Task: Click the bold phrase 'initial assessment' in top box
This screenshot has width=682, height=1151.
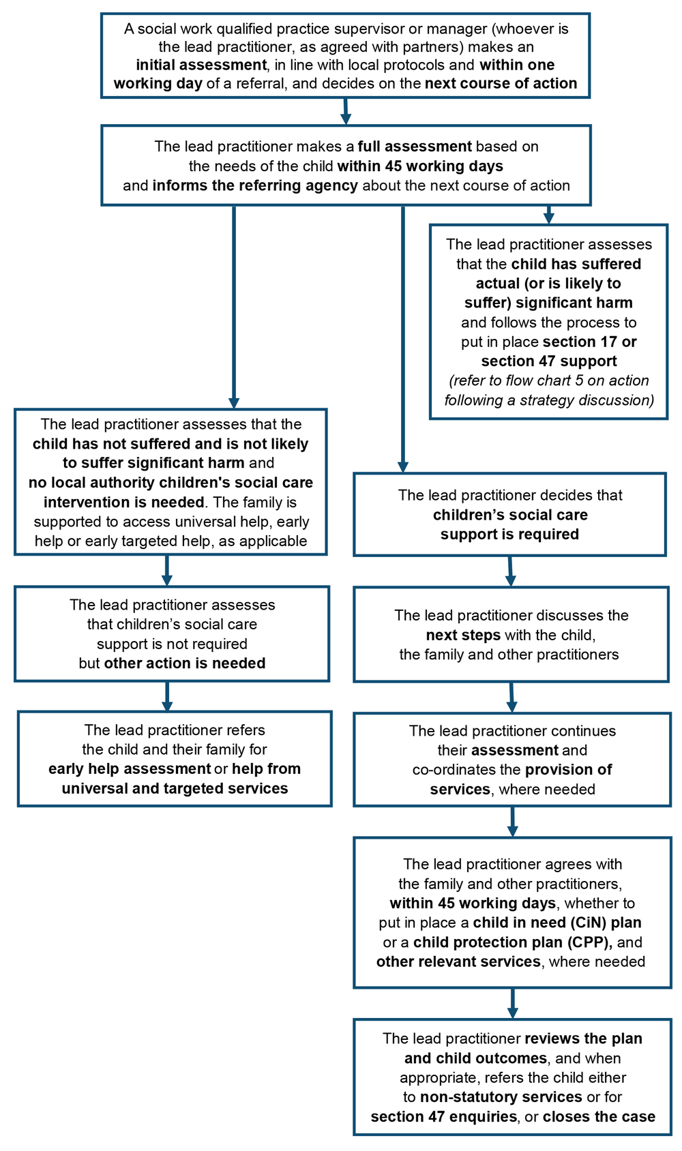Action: [x=201, y=65]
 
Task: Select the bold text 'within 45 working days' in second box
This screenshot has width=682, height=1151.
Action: [x=420, y=166]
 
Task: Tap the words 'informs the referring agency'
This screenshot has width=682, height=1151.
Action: [x=255, y=185]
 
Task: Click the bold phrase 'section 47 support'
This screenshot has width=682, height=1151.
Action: [x=549, y=361]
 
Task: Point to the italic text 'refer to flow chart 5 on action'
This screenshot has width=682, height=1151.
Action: [x=550, y=380]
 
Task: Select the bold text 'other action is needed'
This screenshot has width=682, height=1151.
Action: [x=184, y=663]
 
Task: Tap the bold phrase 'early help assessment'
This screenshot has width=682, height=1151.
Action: [x=129, y=769]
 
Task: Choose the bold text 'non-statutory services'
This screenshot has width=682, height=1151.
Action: [x=501, y=1097]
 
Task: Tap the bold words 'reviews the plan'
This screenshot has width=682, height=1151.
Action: [x=584, y=1038]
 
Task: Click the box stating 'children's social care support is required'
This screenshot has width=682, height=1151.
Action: [x=509, y=515]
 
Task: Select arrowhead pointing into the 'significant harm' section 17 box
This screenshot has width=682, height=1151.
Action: [x=549, y=218]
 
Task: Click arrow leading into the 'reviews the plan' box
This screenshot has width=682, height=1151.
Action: [x=512, y=1004]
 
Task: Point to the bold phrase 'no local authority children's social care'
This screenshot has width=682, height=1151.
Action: [x=170, y=483]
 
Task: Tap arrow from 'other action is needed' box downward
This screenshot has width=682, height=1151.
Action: [x=167, y=696]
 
